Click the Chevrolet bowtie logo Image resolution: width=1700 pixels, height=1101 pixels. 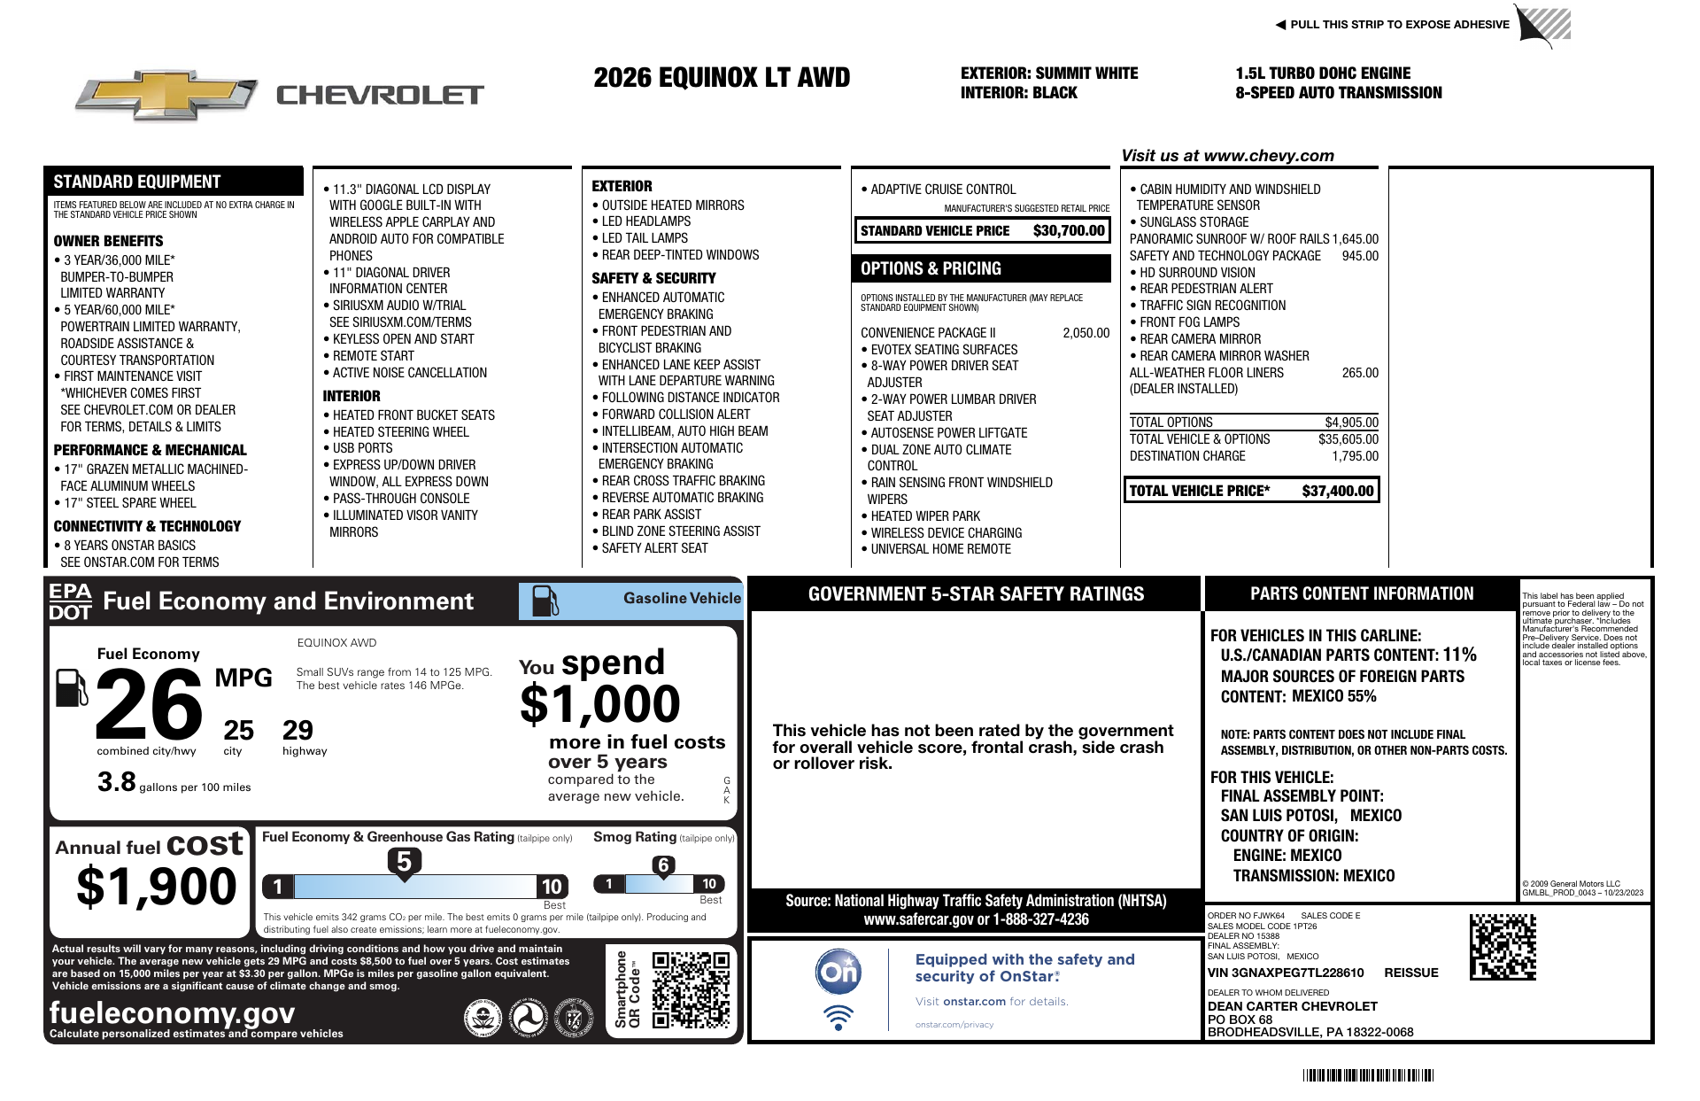coord(166,94)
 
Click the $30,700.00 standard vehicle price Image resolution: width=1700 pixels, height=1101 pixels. coord(1069,231)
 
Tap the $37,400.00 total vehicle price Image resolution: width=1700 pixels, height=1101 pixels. coord(1337,491)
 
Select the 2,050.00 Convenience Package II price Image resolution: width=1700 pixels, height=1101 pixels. coord(1086,333)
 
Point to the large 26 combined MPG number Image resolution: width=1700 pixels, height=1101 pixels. coord(149,704)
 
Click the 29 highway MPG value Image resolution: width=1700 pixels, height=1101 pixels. coord(297,731)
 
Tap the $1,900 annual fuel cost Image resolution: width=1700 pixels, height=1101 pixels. coord(157,887)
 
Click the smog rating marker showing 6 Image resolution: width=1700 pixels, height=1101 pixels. coord(663,865)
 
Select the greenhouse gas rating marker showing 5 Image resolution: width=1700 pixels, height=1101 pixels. coord(404,862)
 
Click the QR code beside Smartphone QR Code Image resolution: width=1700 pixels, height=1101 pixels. coord(691,989)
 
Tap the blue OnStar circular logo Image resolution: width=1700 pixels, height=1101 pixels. coord(838,972)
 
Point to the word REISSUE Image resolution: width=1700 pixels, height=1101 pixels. coord(1410,973)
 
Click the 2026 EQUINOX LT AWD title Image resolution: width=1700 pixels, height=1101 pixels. coord(722,78)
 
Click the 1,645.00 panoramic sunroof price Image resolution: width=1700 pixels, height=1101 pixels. coord(1355,239)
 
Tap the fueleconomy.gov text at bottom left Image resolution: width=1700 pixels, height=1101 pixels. coord(172,1012)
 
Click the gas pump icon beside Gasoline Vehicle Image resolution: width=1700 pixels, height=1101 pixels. coord(545,601)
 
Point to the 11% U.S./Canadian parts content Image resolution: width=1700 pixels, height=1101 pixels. coord(1459,655)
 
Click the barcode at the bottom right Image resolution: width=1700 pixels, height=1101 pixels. coord(1368,1075)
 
